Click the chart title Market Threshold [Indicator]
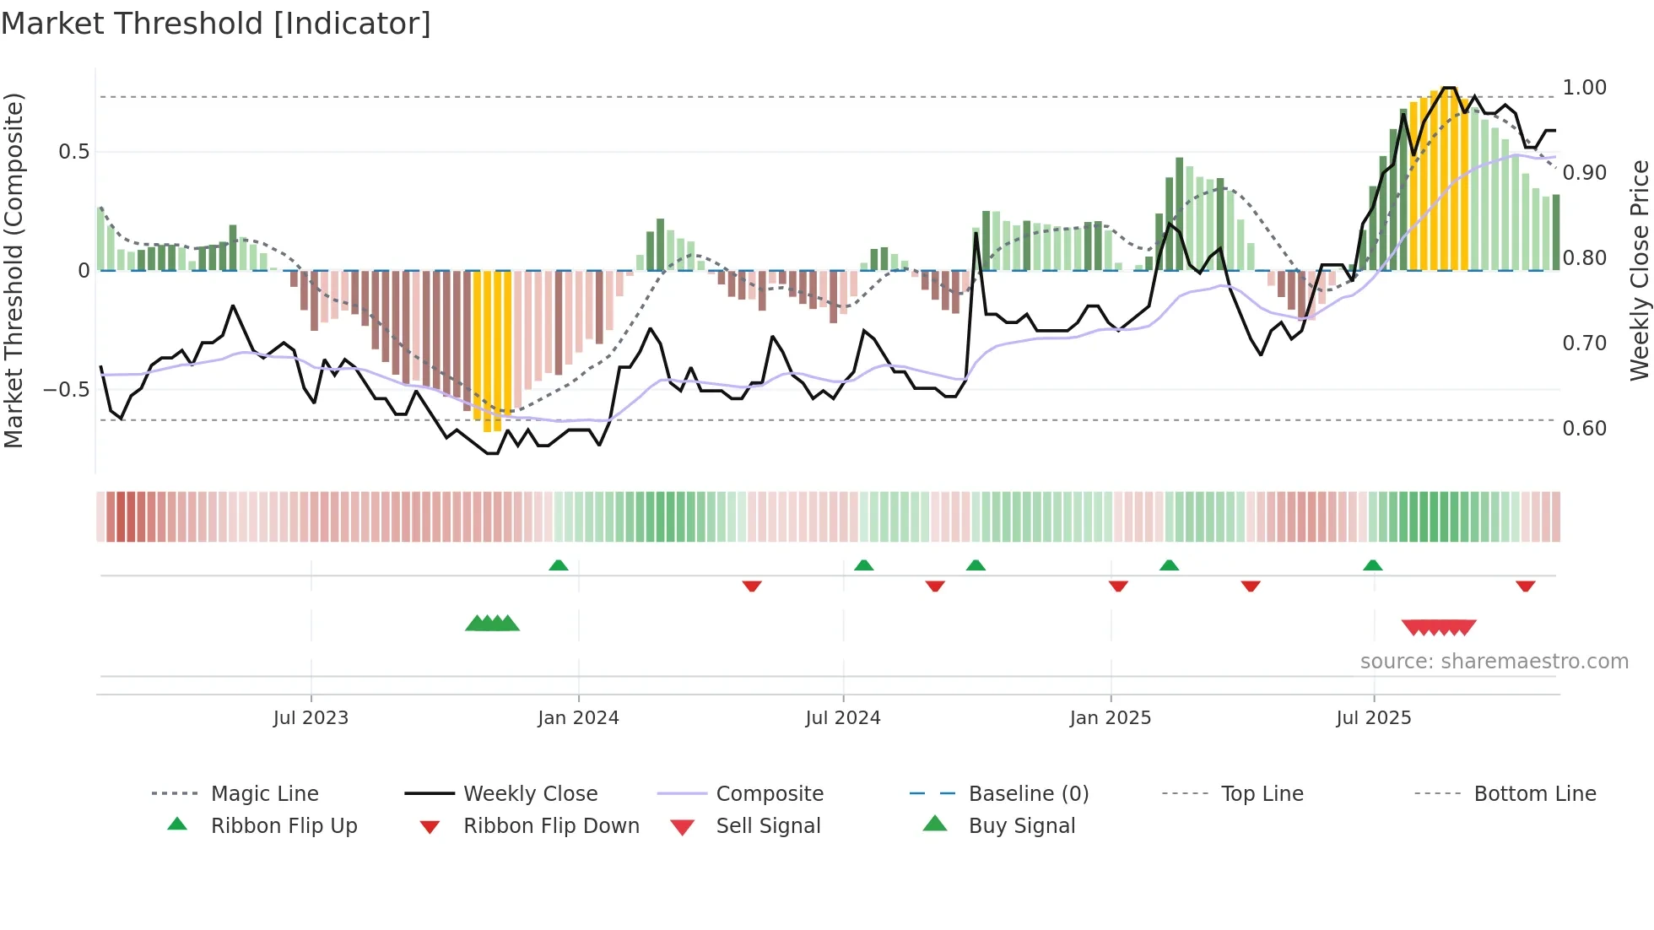click(216, 24)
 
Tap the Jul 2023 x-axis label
click(311, 718)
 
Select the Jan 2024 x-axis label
click(578, 718)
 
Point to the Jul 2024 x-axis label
click(843, 718)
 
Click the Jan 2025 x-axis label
click(1110, 718)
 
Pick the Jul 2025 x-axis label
click(1373, 718)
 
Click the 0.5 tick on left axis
click(73, 152)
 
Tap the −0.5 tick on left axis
click(66, 390)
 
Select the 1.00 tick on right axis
click(1584, 88)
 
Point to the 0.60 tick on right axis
click(1584, 429)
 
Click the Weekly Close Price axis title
click(1639, 270)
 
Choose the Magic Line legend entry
click(264, 794)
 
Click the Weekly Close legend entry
click(530, 794)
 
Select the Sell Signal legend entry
click(768, 826)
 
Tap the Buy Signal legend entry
click(1021, 826)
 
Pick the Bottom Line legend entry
click(1534, 794)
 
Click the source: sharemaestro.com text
click(1494, 662)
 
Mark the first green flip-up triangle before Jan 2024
click(558, 565)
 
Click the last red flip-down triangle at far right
click(1525, 587)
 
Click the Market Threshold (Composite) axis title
click(14, 270)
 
